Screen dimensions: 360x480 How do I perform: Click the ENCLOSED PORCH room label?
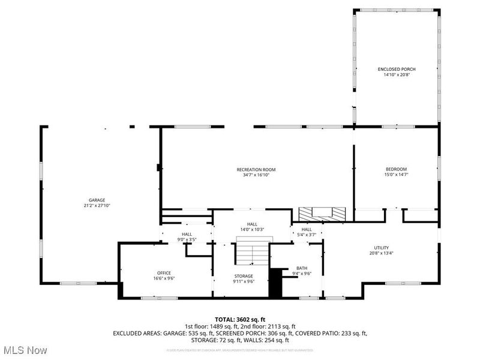tap(397, 69)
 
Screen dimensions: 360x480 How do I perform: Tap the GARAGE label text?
tap(97, 200)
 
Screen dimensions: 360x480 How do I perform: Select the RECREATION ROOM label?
tap(256, 169)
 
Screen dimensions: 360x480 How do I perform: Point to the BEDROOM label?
tap(396, 169)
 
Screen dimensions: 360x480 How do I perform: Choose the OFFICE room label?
tap(164, 272)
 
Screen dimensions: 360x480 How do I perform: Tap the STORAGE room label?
tap(243, 276)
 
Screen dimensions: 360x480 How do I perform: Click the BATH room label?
tap(301, 268)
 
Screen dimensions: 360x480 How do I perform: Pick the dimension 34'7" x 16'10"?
tap(256, 175)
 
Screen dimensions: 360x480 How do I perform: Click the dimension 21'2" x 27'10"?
tap(97, 206)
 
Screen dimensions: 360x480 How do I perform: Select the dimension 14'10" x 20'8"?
tap(397, 75)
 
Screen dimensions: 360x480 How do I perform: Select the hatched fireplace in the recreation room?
tap(323, 213)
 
